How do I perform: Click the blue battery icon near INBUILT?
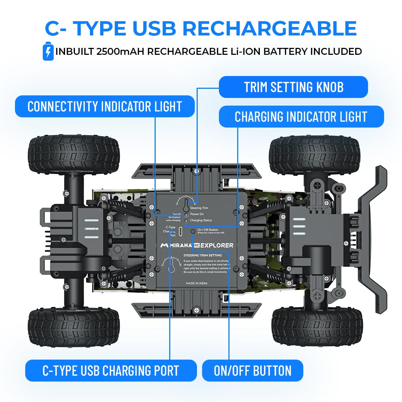tap(48, 52)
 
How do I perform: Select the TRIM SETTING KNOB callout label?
tap(293, 87)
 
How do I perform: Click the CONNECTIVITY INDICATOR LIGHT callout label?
tap(105, 106)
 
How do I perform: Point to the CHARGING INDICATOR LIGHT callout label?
tap(301, 117)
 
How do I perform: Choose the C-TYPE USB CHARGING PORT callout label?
tap(111, 371)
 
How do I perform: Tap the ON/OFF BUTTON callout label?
tap(253, 371)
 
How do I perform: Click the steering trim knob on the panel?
tap(186, 205)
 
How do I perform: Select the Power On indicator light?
tap(186, 215)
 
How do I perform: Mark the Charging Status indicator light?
tap(186, 221)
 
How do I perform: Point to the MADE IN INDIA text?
tap(197, 283)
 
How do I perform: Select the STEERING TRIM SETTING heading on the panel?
tap(202, 255)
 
